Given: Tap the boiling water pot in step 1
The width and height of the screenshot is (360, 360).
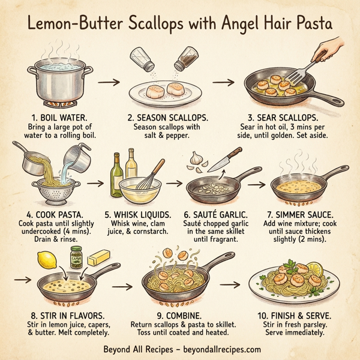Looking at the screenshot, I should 59,81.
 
